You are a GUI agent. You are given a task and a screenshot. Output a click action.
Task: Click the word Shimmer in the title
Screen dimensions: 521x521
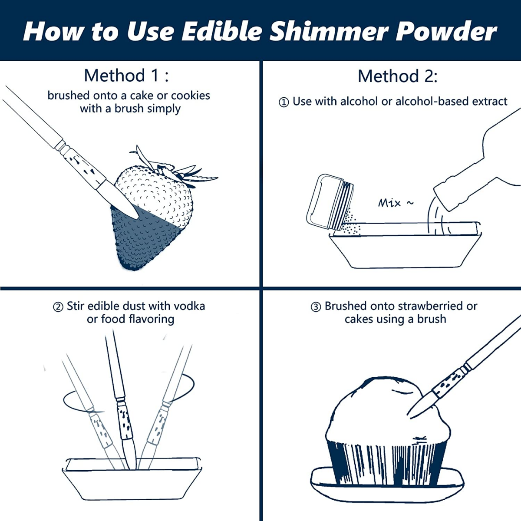(x=328, y=31)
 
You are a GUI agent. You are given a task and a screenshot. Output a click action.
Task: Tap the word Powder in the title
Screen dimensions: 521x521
(x=446, y=31)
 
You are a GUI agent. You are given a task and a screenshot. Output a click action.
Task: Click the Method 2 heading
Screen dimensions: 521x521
(x=397, y=76)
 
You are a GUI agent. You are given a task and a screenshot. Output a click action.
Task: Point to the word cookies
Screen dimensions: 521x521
(x=190, y=96)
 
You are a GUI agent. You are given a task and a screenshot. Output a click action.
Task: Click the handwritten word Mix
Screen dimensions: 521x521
(x=389, y=203)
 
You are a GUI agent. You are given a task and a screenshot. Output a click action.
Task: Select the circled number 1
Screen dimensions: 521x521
(x=284, y=102)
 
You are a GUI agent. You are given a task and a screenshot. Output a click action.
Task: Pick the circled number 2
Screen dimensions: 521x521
(x=58, y=307)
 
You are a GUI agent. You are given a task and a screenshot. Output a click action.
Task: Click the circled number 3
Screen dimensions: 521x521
(x=316, y=307)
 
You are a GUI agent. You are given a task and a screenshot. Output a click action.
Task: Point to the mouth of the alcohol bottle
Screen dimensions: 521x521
(x=443, y=199)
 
